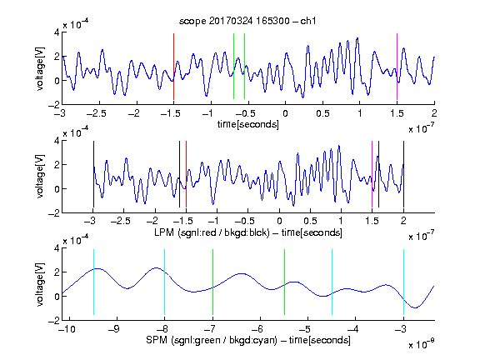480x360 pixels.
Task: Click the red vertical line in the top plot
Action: pyautogui.click(x=173, y=67)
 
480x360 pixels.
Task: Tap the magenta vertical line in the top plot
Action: pyautogui.click(x=397, y=67)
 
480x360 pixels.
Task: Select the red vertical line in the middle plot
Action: pyautogui.click(x=186, y=174)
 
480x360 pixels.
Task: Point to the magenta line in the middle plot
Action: pyautogui.click(x=372, y=174)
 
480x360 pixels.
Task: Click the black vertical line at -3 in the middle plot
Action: pyautogui.click(x=93, y=174)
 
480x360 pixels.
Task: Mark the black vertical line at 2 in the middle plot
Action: pyautogui.click(x=403, y=174)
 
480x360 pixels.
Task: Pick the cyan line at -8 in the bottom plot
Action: pyautogui.click(x=165, y=282)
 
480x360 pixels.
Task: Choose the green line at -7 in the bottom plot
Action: pyautogui.click(x=212, y=282)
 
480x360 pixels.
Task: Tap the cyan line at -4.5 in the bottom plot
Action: pyautogui.click(x=332, y=282)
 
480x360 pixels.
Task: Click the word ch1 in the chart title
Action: pyautogui.click(x=308, y=21)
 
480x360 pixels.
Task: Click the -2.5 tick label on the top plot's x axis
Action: pyautogui.click(x=96, y=113)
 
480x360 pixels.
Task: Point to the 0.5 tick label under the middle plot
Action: pyautogui.click(x=310, y=221)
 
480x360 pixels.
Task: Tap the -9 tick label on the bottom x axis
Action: pyautogui.click(x=113, y=329)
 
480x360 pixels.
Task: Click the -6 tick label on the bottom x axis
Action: pyautogui.click(x=259, y=329)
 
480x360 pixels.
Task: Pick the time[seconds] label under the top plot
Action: pyautogui.click(x=248, y=124)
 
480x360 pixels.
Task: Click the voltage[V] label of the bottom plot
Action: pyautogui.click(x=40, y=284)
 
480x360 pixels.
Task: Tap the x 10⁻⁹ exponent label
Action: pyautogui.click(x=422, y=344)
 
